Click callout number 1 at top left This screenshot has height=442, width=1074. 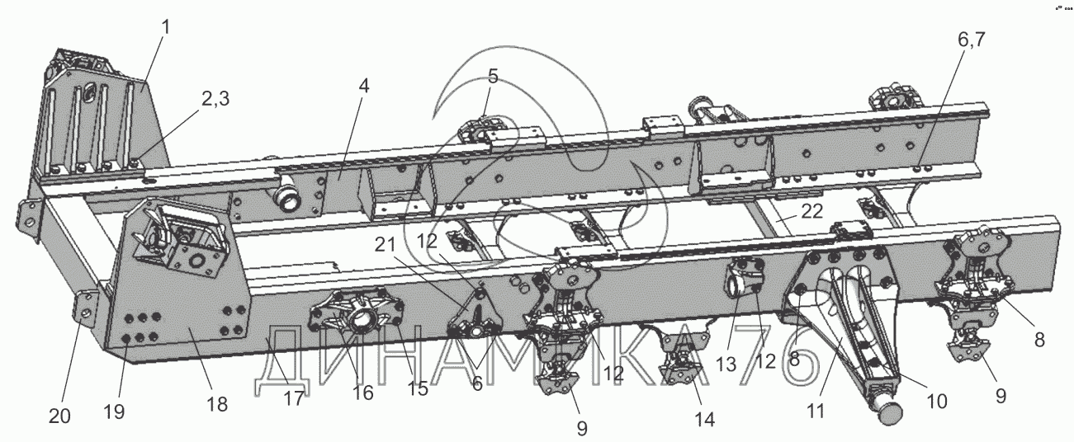(166, 26)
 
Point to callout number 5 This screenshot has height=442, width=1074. (493, 77)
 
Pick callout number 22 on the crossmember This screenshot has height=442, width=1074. (811, 211)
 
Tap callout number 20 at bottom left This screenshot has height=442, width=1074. (59, 417)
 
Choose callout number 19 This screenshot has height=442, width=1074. (114, 411)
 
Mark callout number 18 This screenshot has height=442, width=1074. (216, 404)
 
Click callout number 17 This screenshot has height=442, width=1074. (294, 397)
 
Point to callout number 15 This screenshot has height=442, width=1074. (419, 388)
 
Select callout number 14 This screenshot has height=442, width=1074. (704, 419)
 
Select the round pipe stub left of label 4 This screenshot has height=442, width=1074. (286, 197)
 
